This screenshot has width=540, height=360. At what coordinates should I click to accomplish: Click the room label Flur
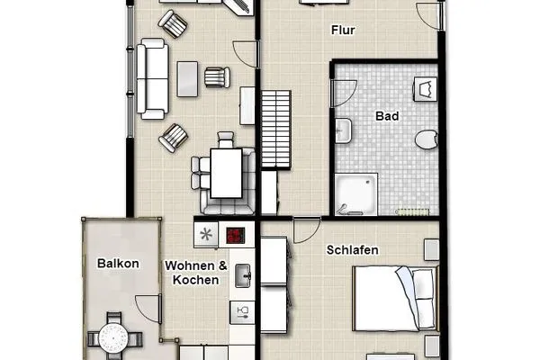(x=343, y=31)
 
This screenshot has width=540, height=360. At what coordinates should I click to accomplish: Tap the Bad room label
(x=388, y=116)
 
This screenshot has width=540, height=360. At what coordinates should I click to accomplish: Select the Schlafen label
(x=352, y=250)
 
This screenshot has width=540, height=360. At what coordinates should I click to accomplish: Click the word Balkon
(x=118, y=264)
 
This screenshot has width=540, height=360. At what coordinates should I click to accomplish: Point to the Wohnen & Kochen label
(x=194, y=273)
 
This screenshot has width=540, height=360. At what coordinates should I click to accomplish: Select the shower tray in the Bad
(x=357, y=194)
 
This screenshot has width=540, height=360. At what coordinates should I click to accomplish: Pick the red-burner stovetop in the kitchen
(x=236, y=235)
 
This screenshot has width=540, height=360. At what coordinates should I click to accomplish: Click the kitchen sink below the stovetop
(x=242, y=277)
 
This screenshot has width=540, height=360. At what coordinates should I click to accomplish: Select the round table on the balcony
(x=114, y=338)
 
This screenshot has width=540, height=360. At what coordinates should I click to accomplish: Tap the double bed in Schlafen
(x=395, y=298)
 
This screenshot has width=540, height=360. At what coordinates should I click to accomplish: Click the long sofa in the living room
(x=150, y=80)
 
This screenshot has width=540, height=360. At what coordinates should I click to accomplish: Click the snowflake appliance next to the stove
(x=207, y=235)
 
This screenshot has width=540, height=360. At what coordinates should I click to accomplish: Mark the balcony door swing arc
(x=148, y=308)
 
